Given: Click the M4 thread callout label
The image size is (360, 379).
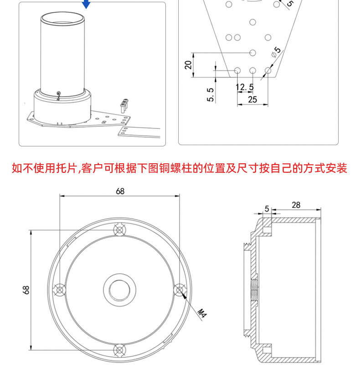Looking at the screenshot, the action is click(202, 313).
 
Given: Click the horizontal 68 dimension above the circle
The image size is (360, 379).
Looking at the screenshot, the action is click(120, 191).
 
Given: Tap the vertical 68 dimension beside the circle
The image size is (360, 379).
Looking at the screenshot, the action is click(26, 290).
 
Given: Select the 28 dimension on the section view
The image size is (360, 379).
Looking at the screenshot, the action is click(296, 205).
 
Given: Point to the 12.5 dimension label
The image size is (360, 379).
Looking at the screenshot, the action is click(245, 87).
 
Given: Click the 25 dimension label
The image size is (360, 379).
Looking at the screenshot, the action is click(252, 99).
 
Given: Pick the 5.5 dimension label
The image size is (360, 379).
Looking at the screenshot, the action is click(210, 94).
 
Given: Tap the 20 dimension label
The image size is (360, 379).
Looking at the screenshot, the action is click(188, 65).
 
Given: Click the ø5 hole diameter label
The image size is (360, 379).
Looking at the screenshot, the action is click(276, 52).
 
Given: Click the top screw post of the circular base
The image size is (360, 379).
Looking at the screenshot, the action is click(119, 230).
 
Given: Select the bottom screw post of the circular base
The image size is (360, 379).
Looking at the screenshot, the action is click(119, 350).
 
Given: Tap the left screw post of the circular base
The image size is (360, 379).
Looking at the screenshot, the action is click(59, 290).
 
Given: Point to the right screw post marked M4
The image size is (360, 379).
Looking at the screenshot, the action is click(180, 290).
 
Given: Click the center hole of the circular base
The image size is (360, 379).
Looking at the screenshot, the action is click(119, 290).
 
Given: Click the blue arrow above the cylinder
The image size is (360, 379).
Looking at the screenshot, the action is click(86, 5).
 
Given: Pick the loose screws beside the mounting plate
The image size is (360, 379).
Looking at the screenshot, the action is click(124, 106).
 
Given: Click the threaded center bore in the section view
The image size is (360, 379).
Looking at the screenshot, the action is click(254, 290).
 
